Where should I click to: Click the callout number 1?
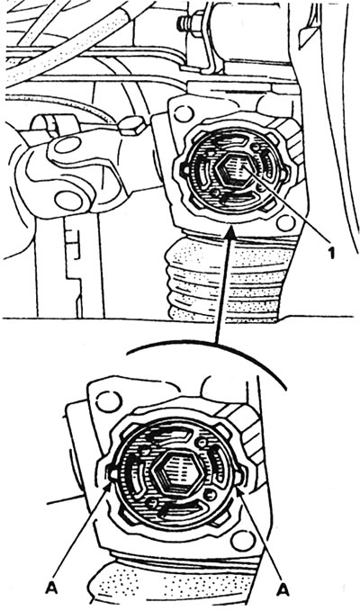331,254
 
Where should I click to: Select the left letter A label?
51,589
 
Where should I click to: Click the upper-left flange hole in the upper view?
183,113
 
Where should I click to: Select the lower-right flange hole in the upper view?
286,223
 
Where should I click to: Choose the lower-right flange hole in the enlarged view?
242,541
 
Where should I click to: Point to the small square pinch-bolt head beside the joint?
131,125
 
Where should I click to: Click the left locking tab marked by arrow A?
113,474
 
